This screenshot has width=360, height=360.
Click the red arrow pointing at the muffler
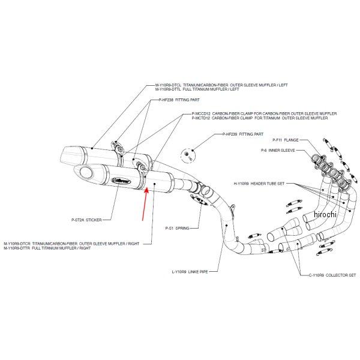point(144,204)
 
